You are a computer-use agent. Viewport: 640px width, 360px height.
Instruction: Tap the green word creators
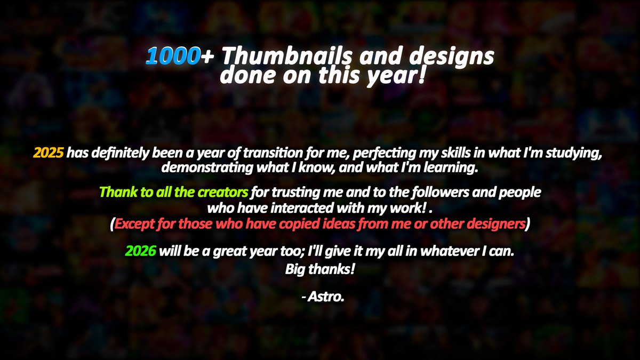click(223, 191)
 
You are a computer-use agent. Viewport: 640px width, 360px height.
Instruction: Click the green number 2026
click(140, 251)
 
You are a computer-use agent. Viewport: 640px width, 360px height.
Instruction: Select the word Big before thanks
click(296, 269)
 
